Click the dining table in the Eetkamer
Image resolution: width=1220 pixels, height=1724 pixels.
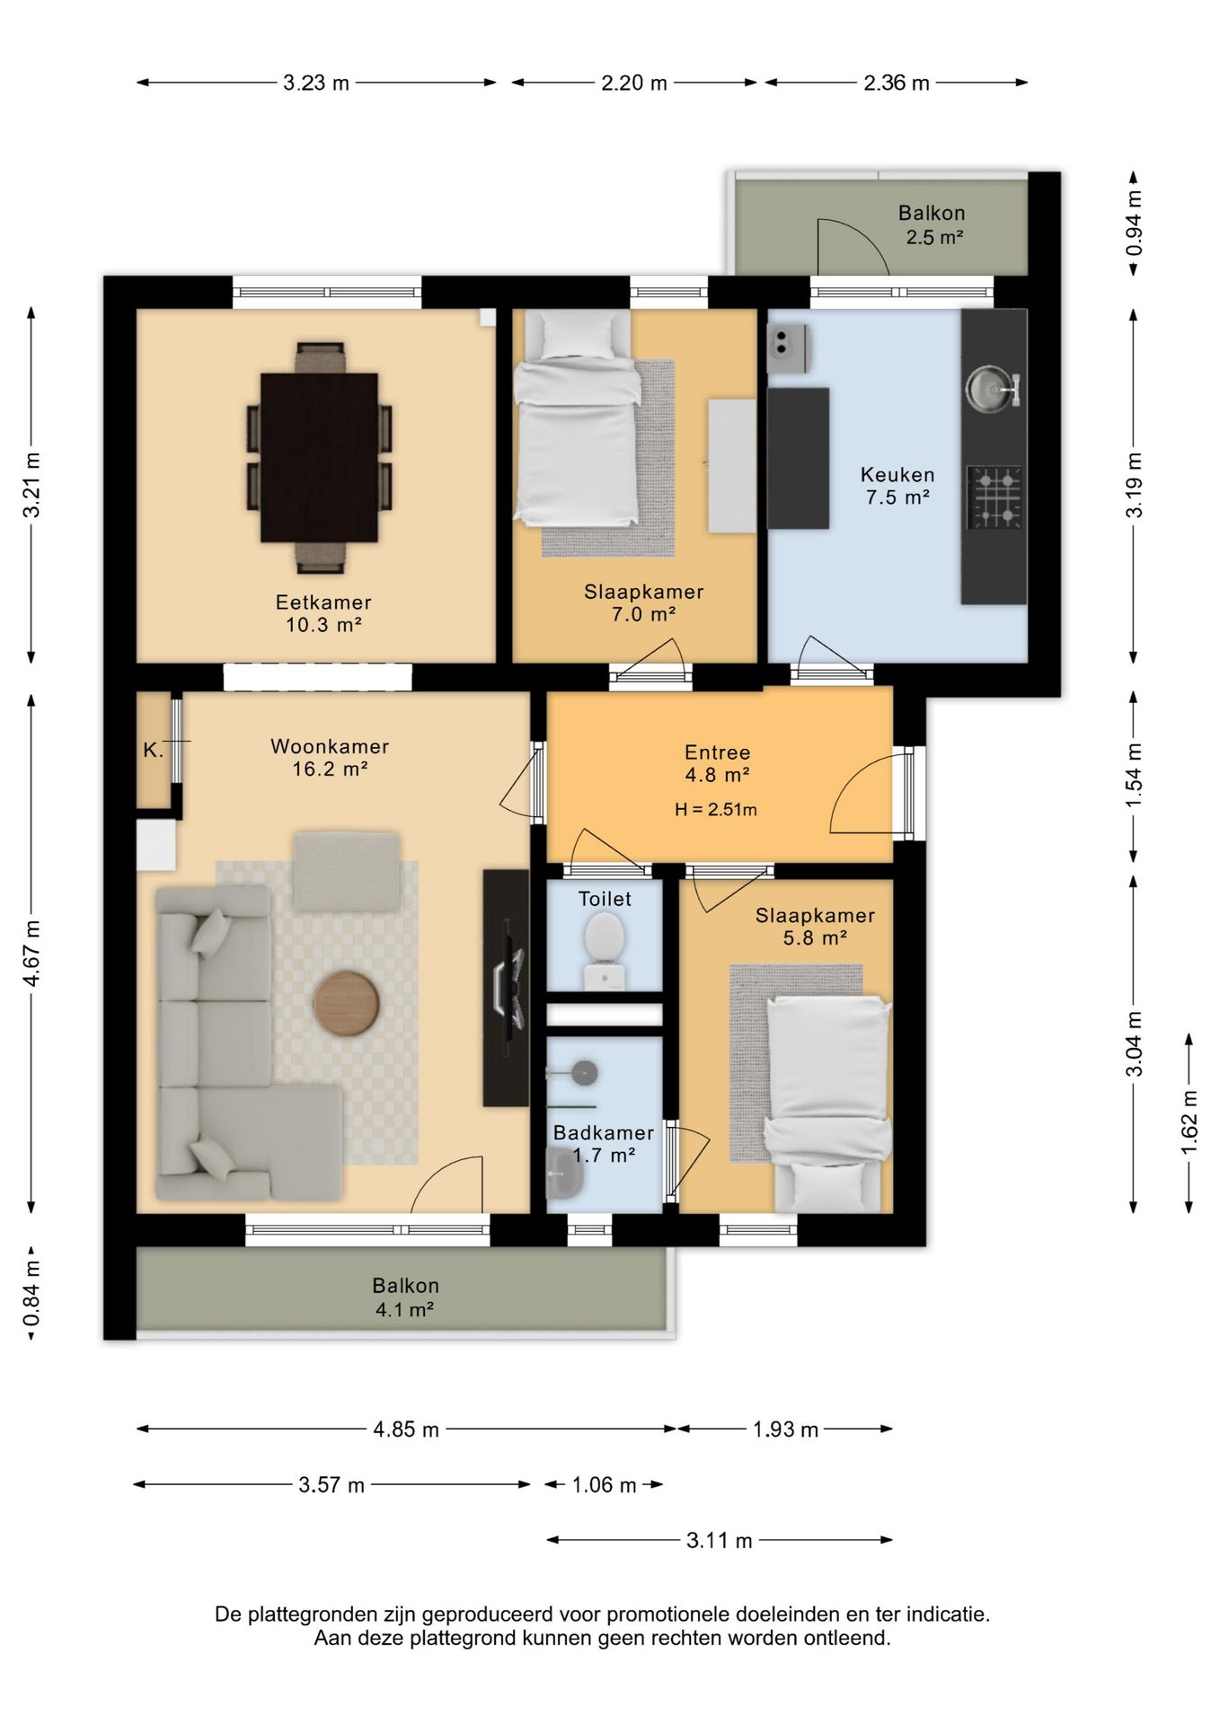coord(319,457)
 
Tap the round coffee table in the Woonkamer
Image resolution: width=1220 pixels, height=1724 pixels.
coord(347,1005)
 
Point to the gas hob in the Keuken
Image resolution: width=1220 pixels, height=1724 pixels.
coord(995,497)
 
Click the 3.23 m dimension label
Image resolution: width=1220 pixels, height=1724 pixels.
coord(316,83)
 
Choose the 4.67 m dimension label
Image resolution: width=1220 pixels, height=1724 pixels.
coord(31,953)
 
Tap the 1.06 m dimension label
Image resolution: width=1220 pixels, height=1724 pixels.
coord(604,1485)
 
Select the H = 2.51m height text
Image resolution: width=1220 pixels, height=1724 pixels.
coord(716,809)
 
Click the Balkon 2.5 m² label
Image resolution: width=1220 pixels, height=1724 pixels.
coord(933,225)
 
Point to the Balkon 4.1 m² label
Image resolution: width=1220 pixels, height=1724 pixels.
coord(405,1297)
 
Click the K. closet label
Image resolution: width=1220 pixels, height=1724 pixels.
coord(154,750)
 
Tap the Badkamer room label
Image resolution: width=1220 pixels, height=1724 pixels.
coord(604,1133)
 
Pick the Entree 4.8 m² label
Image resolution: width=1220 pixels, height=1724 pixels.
coord(717,763)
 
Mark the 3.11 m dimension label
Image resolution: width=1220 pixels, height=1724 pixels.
coord(719,1541)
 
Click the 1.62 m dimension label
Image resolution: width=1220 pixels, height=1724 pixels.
coord(1189,1123)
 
